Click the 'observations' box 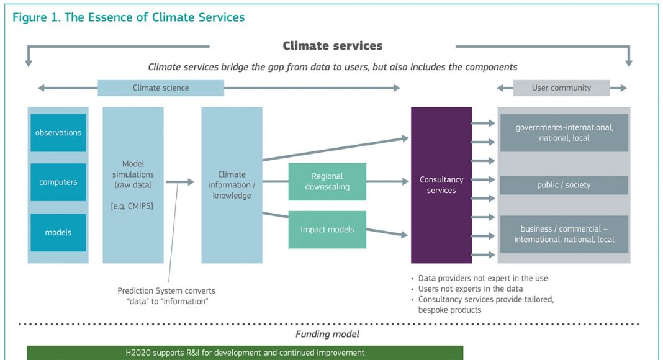coord(58,133)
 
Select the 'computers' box coord(58,182)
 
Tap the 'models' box coord(58,232)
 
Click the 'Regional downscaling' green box coord(327,182)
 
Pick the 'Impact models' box coord(327,230)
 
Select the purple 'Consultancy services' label coord(441,185)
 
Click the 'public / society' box coord(564,185)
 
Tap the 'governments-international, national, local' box coord(564,133)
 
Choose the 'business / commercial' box coord(564,234)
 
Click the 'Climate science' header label coord(161,88)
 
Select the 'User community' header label coord(562,88)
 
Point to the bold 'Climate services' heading coord(333,46)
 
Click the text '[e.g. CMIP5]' coord(132,206)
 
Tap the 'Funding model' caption coord(327,334)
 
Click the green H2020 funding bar coord(245,353)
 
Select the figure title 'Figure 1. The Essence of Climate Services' coord(129,17)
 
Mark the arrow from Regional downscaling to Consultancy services coord(388,182)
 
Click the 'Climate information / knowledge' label coord(232,185)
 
